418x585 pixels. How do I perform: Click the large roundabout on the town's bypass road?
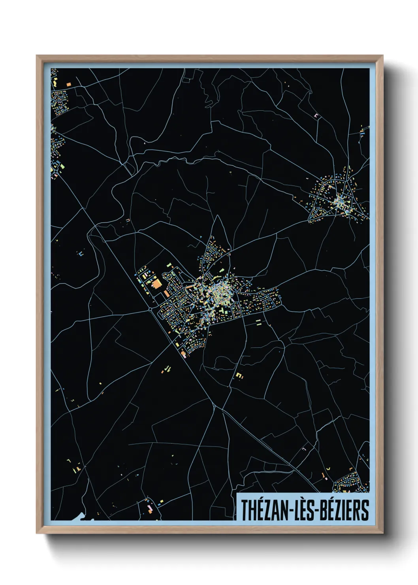click(150, 308)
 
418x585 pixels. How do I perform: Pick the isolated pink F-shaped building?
click(316, 115)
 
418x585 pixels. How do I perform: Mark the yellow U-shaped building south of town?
click(238, 374)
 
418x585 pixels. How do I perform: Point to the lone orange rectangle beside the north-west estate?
click(69, 84)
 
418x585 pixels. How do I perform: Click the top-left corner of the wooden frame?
click(37, 56)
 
